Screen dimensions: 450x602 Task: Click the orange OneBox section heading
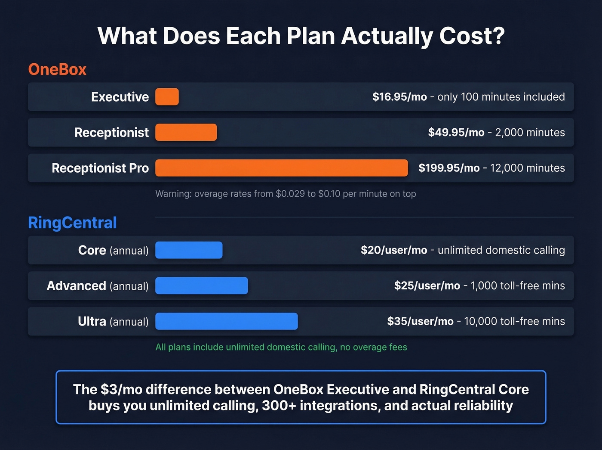(x=57, y=69)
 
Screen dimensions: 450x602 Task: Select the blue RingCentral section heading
(x=72, y=223)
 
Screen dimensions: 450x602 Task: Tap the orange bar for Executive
(x=167, y=97)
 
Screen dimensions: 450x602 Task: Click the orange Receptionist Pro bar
(x=281, y=168)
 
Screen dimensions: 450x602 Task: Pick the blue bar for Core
(x=189, y=250)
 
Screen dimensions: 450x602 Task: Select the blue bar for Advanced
(x=201, y=286)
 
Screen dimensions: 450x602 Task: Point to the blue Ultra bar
(x=226, y=321)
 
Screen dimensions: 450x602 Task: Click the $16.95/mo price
(x=399, y=97)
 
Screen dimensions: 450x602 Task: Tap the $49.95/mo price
(x=456, y=133)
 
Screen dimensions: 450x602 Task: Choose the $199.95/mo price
(x=449, y=168)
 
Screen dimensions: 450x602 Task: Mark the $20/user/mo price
(x=394, y=250)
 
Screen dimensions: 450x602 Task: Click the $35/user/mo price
(x=420, y=321)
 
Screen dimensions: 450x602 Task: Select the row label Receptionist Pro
(x=100, y=168)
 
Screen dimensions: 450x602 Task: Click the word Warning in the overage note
(x=173, y=194)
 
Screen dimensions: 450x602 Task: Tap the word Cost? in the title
(x=472, y=36)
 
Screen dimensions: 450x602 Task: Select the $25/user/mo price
(x=427, y=286)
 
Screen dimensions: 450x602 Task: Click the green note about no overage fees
(x=281, y=347)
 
